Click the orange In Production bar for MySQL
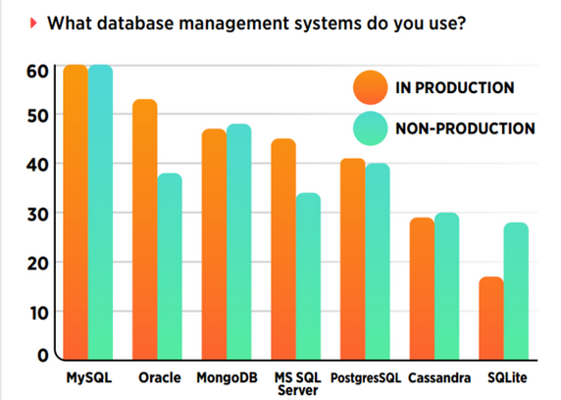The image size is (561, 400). click(76, 212)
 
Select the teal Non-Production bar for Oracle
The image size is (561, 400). click(170, 267)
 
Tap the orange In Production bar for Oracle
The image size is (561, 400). click(145, 229)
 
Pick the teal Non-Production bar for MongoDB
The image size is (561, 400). click(239, 242)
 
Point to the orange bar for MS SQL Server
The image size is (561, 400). click(283, 249)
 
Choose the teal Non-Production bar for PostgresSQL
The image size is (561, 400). click(378, 262)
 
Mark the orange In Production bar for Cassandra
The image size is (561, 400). click(422, 288)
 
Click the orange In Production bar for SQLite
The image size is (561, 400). click(491, 318)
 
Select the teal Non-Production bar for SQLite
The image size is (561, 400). click(516, 291)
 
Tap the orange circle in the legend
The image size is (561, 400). click(371, 87)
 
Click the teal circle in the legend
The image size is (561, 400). click(371, 128)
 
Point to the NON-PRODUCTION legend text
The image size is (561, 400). click(465, 128)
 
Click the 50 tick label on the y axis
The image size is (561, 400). click(37, 117)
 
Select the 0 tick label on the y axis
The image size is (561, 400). click(42, 355)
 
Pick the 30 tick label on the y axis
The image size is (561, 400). click(37, 215)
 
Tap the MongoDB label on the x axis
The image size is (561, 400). click(227, 377)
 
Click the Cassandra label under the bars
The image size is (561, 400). click(439, 377)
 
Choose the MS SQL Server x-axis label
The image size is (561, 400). click(298, 384)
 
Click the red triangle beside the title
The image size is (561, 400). click(33, 24)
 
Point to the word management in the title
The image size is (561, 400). click(234, 24)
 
